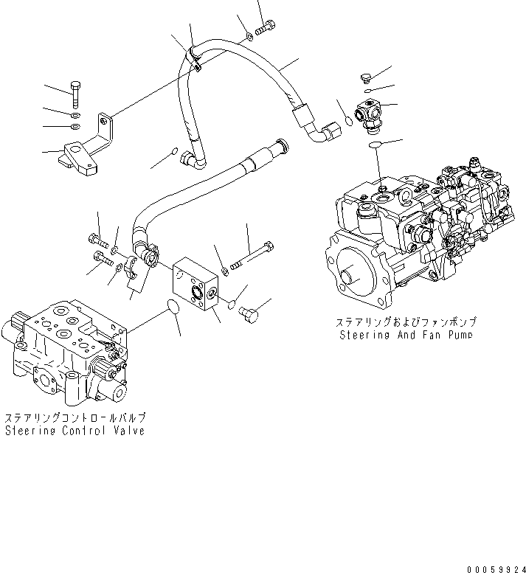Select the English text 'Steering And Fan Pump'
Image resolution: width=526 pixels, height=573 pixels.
pyautogui.click(x=405, y=335)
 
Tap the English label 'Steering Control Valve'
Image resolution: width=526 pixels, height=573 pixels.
pyautogui.click(x=75, y=431)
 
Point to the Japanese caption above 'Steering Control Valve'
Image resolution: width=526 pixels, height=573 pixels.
pyautogui.click(x=75, y=417)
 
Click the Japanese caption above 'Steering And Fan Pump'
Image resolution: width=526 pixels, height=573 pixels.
pyautogui.click(x=406, y=322)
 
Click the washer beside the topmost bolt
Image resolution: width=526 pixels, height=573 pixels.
pyautogui.click(x=249, y=33)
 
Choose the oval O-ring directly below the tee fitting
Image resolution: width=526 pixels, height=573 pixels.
pyautogui.click(x=375, y=145)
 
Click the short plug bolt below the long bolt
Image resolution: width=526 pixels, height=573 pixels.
pyautogui.click(x=250, y=313)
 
